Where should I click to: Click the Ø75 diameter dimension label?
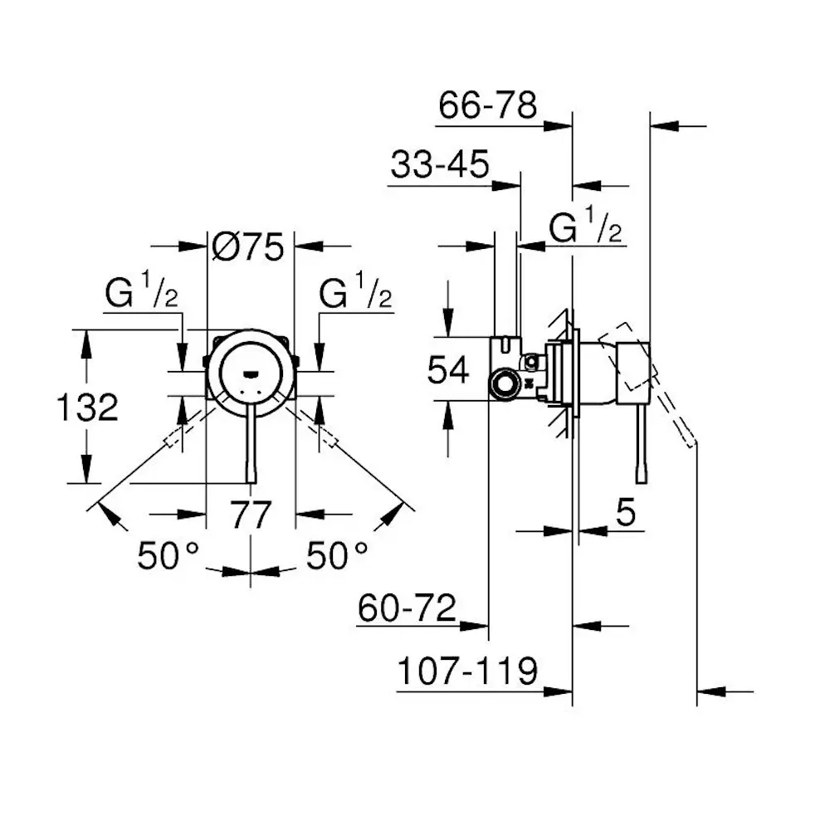pyautogui.click(x=249, y=247)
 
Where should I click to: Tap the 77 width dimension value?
pyautogui.click(x=250, y=515)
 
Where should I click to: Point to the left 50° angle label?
pyautogui.click(x=168, y=555)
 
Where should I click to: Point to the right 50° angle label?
pyautogui.click(x=336, y=555)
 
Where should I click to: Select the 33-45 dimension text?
pyautogui.click(x=441, y=166)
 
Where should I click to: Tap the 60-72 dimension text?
pyautogui.click(x=408, y=609)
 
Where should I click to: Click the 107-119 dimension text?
pyautogui.click(x=467, y=671)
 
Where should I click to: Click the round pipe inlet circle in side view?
pyautogui.click(x=503, y=383)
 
